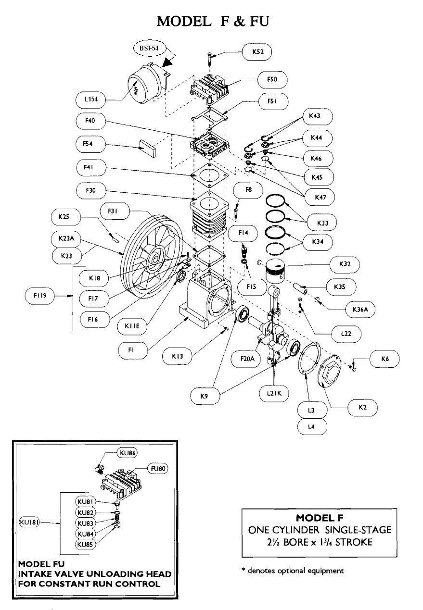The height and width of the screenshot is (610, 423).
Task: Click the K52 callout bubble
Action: (255, 52)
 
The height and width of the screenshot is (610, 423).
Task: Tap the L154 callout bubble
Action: (90, 100)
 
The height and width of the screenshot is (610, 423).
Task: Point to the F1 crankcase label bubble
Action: (130, 351)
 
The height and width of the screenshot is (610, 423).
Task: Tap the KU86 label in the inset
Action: (127, 453)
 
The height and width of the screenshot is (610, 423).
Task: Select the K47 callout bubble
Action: (318, 197)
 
